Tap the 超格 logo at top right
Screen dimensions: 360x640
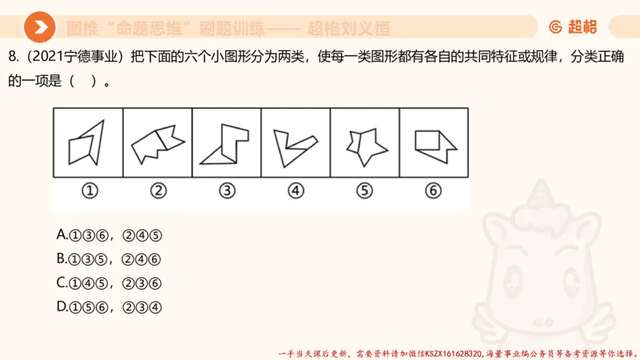(573, 27)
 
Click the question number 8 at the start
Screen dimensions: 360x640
(11, 57)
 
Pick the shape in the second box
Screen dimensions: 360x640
(158, 142)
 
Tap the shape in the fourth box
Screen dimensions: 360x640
(293, 145)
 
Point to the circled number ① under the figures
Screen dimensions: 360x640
(90, 190)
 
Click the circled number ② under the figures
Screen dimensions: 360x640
(158, 190)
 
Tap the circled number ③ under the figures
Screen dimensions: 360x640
(227, 190)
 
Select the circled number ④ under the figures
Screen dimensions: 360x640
(296, 190)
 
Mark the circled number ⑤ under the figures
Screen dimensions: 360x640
(365, 190)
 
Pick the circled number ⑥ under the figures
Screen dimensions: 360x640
(434, 190)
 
